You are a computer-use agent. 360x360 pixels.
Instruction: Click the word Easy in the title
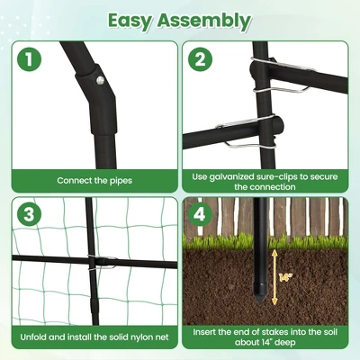tap(135, 20)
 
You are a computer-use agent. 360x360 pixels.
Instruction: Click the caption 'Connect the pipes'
tap(94, 180)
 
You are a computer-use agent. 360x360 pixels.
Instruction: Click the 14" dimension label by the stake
tap(285, 278)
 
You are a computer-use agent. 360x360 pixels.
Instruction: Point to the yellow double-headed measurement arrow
tap(274, 279)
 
